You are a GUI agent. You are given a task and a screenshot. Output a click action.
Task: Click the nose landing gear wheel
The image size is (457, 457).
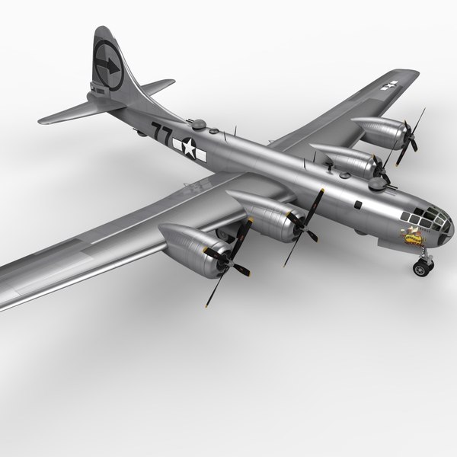click(x=420, y=267)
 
